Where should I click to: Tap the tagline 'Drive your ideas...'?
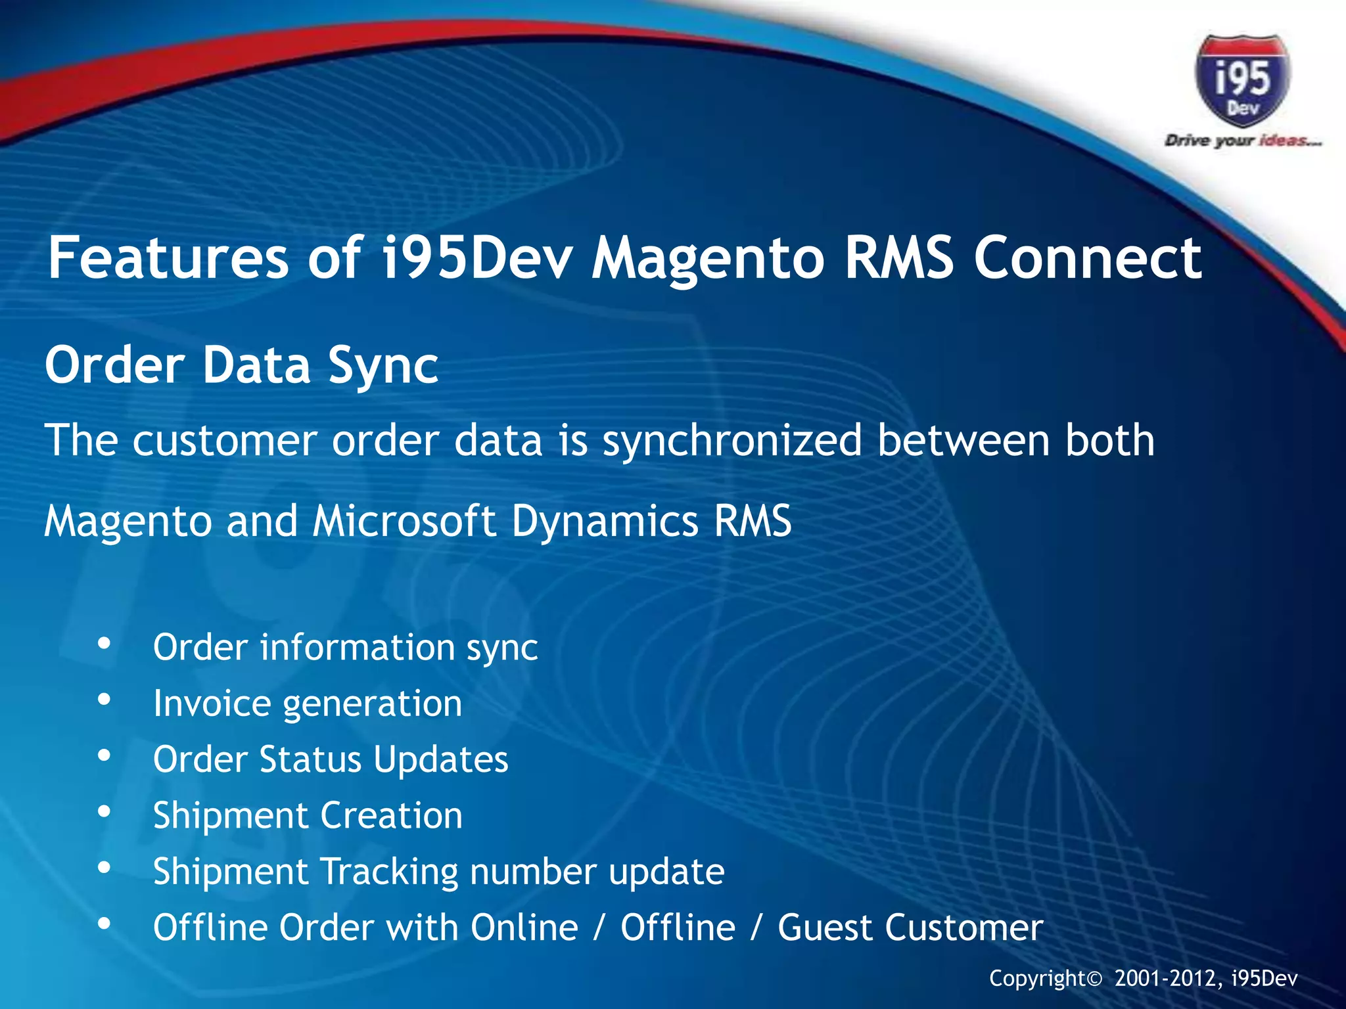(x=1242, y=141)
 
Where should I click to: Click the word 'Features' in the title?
(x=168, y=258)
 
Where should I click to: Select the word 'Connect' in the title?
(x=1088, y=258)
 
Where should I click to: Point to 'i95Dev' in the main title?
(x=477, y=258)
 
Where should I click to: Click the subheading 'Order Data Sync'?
(x=241, y=365)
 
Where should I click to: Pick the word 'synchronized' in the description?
(x=731, y=441)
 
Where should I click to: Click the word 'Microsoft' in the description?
(x=404, y=522)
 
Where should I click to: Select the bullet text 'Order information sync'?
(x=345, y=648)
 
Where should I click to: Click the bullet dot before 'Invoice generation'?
(x=104, y=701)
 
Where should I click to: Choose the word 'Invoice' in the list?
(x=212, y=704)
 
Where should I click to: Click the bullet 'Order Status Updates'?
(x=331, y=760)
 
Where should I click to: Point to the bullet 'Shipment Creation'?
(x=308, y=816)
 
